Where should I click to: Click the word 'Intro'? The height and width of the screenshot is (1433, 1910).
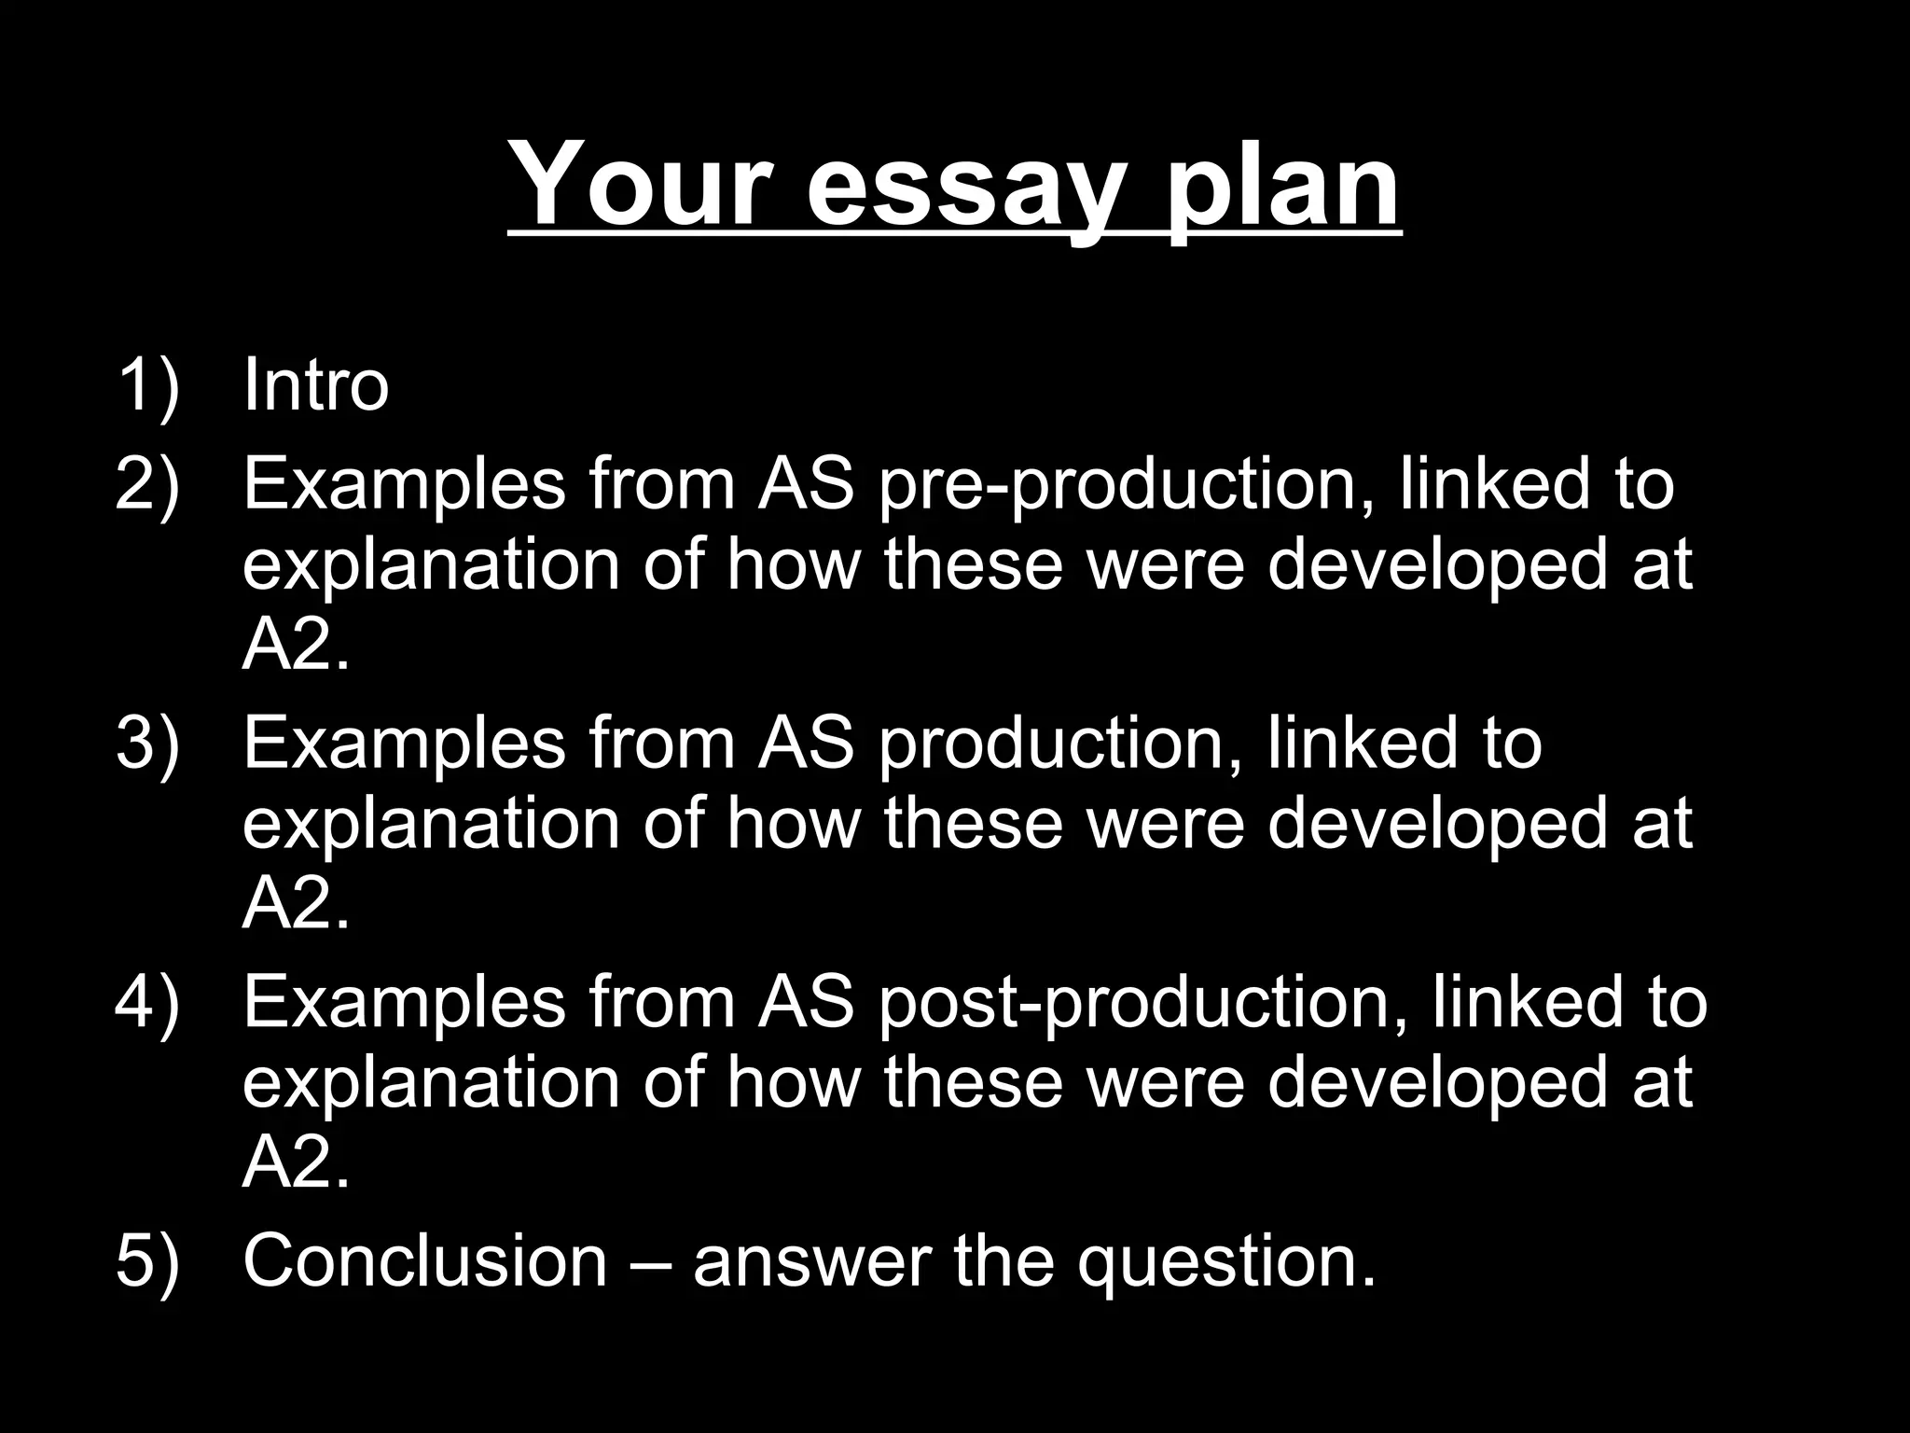[x=315, y=384]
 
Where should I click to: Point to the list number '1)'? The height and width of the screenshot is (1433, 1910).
[x=146, y=384]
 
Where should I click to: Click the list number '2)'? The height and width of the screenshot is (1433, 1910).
[x=146, y=484]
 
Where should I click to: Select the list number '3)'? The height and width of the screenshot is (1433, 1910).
[x=146, y=743]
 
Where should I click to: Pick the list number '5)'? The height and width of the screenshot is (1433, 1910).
[x=146, y=1260]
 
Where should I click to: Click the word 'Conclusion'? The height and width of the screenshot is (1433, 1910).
[x=425, y=1260]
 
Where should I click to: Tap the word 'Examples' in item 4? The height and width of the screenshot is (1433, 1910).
[x=404, y=1004]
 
